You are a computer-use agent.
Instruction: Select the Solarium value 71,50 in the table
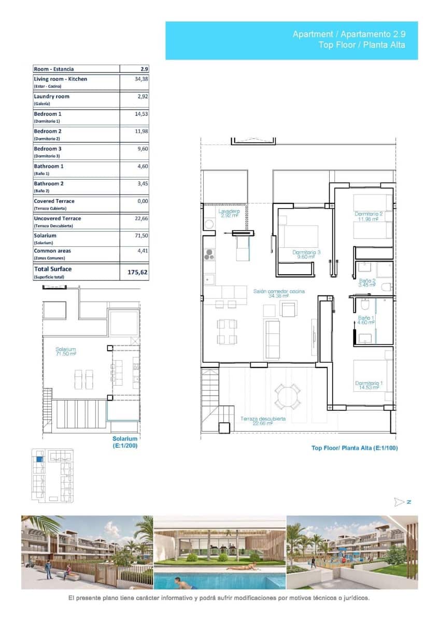pyautogui.click(x=141, y=235)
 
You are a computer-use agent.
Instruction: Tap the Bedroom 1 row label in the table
pyautogui.click(x=48, y=114)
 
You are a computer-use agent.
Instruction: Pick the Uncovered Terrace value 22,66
pyautogui.click(x=141, y=218)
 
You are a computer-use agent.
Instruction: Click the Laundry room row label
pyautogui.click(x=51, y=96)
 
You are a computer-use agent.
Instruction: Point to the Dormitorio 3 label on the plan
pyautogui.click(x=306, y=254)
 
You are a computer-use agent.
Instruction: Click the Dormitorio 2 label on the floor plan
pyautogui.click(x=369, y=216)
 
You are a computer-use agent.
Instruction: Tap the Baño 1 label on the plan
pyautogui.click(x=366, y=320)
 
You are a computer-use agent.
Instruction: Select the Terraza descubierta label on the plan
pyautogui.click(x=263, y=421)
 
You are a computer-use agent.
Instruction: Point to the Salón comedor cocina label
pyautogui.click(x=279, y=293)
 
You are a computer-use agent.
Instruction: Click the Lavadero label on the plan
pyautogui.click(x=229, y=213)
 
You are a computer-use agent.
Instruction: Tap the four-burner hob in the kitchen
pyautogui.click(x=209, y=254)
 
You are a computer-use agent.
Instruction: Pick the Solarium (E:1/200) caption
pyautogui.click(x=125, y=442)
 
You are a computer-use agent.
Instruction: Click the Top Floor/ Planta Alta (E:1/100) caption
pyautogui.click(x=354, y=448)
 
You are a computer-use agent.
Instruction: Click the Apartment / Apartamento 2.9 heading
pyautogui.click(x=349, y=34)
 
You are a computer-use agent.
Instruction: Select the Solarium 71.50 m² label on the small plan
pyautogui.click(x=66, y=352)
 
